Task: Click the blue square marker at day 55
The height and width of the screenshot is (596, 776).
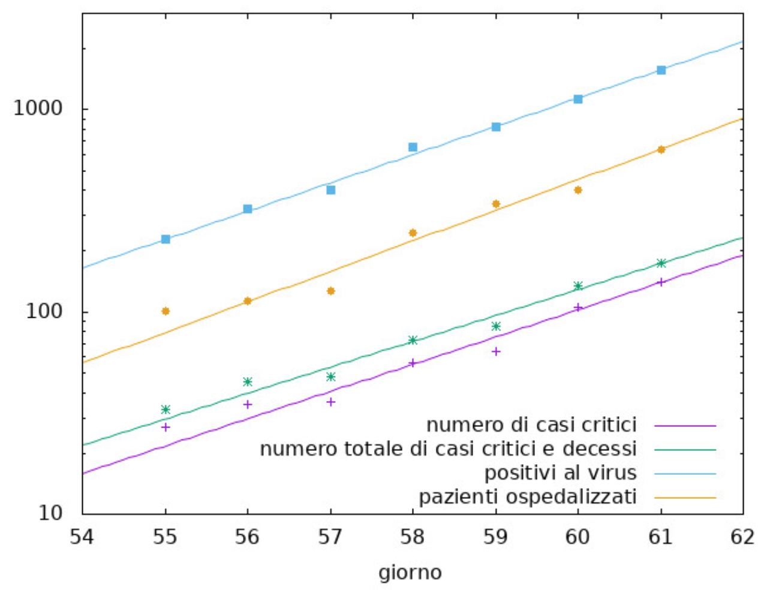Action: point(166,239)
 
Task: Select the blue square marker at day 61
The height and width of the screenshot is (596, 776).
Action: point(661,70)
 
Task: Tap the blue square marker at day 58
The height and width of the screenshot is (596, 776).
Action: point(413,147)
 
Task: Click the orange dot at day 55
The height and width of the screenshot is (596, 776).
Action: point(166,311)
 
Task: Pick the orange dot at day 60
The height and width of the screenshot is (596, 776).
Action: point(578,190)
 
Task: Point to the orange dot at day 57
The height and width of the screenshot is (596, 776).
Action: point(330,291)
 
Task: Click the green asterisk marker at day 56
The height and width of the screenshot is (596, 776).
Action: point(248,381)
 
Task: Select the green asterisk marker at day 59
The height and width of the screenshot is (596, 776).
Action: point(496,326)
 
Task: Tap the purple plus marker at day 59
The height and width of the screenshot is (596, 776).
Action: point(496,351)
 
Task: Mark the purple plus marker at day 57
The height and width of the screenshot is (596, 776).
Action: point(330,402)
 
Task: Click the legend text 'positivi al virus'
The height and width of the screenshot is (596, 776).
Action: point(560,473)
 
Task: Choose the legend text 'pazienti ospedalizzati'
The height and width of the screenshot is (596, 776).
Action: point(527,497)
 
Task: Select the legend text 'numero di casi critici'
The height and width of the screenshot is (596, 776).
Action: point(531,425)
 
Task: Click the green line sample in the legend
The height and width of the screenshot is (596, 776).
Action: point(685,450)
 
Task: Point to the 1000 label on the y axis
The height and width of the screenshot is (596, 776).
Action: point(38,109)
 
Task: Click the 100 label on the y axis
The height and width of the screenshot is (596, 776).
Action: point(44,312)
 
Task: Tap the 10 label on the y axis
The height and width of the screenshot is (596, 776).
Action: point(50,514)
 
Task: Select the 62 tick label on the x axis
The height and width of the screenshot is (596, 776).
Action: point(742,537)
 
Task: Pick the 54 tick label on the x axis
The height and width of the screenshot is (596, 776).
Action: point(82,537)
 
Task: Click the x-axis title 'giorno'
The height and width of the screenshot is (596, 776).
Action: point(410,573)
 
